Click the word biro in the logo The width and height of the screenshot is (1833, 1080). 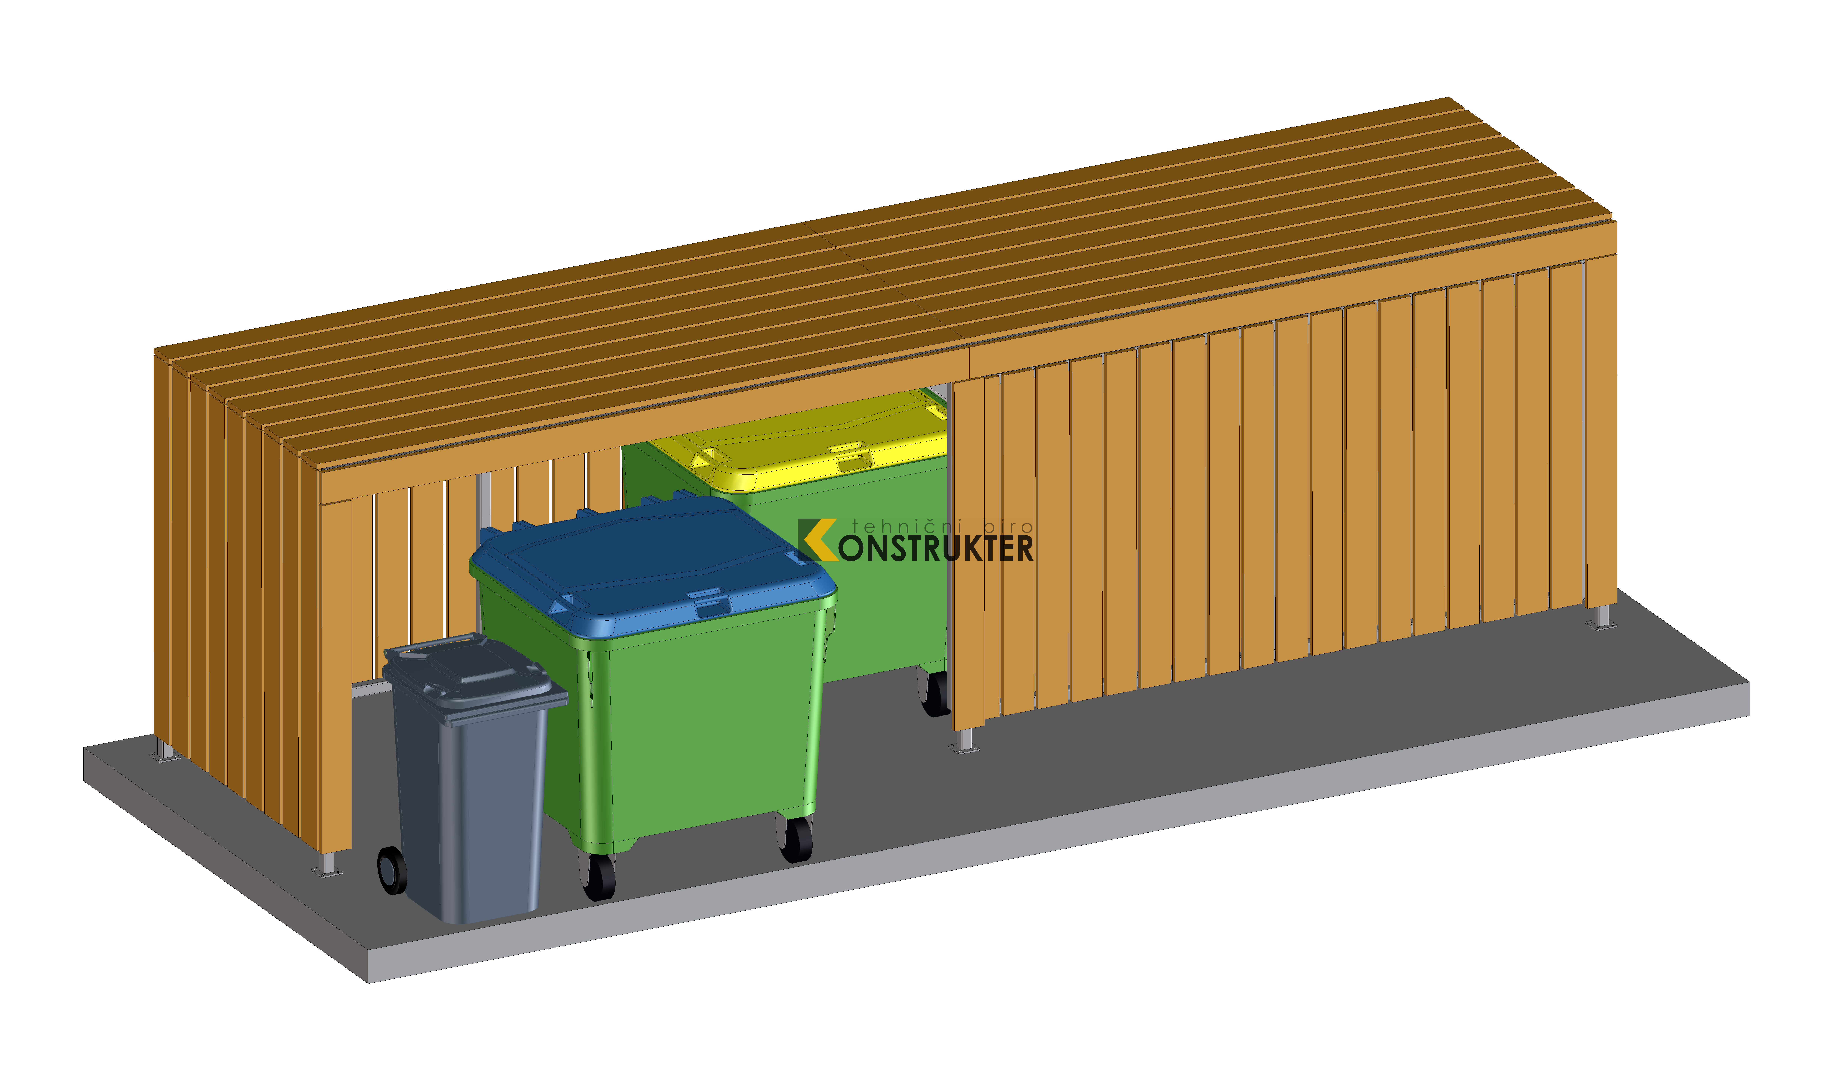1008,525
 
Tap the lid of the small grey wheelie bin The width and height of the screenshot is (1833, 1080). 473,677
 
